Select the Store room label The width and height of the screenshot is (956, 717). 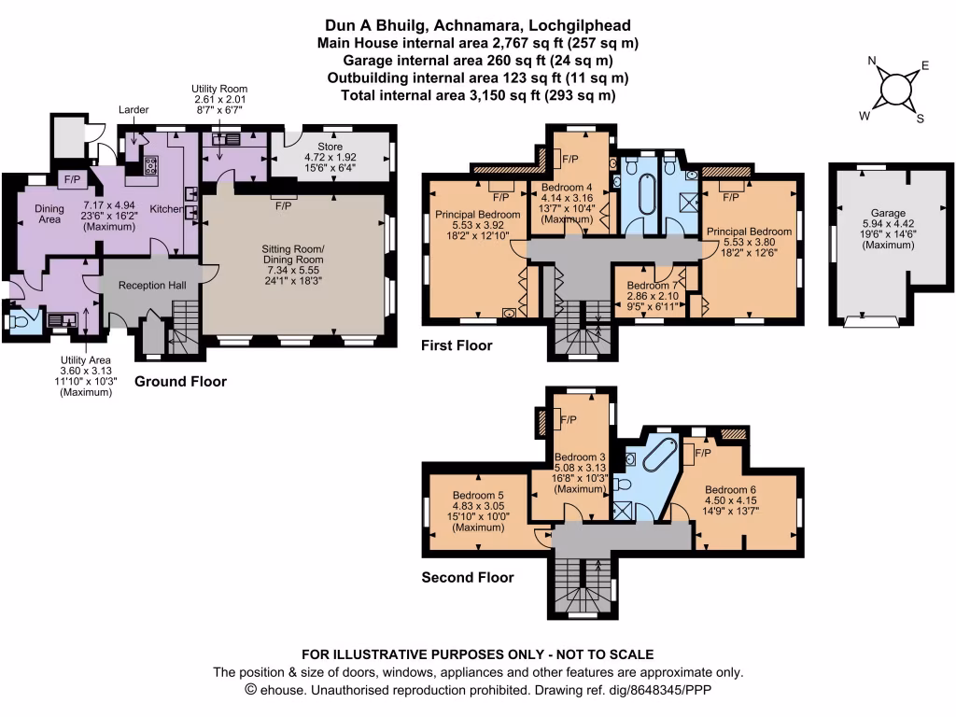(330, 147)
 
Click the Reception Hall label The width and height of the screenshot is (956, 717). (149, 285)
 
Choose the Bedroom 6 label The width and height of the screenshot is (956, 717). (730, 489)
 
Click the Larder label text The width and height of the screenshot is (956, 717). (134, 110)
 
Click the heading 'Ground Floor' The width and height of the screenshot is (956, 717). (181, 382)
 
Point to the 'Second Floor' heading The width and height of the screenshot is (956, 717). (468, 577)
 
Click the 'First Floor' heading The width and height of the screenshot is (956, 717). (457, 345)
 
